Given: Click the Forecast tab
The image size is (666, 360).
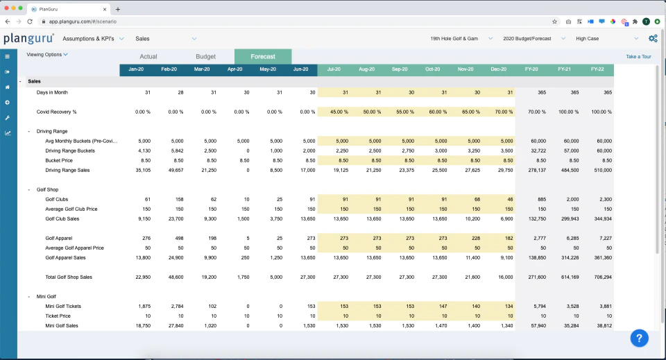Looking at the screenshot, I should pyautogui.click(x=263, y=57).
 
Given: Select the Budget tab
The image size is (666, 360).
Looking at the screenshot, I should pyautogui.click(x=205, y=57).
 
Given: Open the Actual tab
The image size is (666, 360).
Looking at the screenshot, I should pyautogui.click(x=148, y=57).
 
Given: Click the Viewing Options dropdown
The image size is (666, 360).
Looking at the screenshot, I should pyautogui.click(x=47, y=54).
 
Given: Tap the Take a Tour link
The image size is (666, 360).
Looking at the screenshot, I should pyautogui.click(x=638, y=57).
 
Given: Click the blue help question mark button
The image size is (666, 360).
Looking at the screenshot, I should pyautogui.click(x=640, y=338).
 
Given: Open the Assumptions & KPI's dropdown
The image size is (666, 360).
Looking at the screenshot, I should pyautogui.click(x=92, y=39).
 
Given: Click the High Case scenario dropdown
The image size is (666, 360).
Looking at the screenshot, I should pyautogui.click(x=608, y=39).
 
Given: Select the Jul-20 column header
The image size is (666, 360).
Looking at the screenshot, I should pyautogui.click(x=334, y=70).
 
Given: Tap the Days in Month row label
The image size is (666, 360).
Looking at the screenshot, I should pyautogui.click(x=52, y=92).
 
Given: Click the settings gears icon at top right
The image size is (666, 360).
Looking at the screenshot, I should pyautogui.click(x=653, y=39).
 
